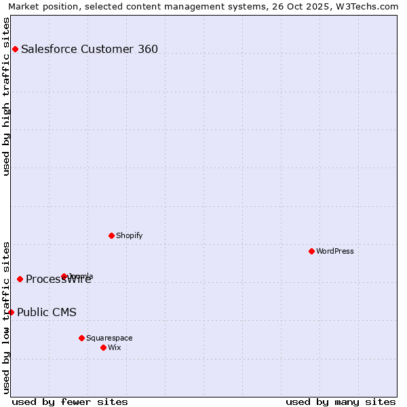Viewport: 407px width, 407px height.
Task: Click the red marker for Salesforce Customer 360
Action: tap(15, 49)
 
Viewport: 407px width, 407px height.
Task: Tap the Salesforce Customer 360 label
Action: tap(90, 49)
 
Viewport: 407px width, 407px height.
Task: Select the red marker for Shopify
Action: tap(111, 235)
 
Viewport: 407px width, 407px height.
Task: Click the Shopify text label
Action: tap(129, 235)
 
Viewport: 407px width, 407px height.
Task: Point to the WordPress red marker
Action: tap(311, 251)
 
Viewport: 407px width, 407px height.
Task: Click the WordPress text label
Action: tap(335, 251)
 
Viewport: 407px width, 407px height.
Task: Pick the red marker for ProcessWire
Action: tap(20, 279)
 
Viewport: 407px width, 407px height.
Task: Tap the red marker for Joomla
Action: tap(64, 276)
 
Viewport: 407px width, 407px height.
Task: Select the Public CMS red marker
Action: tap(11, 312)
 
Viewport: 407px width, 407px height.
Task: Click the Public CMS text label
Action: tap(47, 312)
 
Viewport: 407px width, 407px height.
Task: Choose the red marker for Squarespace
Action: tap(81, 338)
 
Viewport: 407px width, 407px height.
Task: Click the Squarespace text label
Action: tap(109, 338)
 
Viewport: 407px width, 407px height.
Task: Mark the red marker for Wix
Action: tap(103, 347)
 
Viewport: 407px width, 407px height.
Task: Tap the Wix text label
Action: tap(115, 347)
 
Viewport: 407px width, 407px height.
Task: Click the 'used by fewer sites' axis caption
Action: tap(70, 402)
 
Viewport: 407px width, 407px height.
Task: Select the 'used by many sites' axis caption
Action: tap(341, 402)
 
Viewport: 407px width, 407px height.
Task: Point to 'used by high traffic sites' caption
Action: tap(6, 96)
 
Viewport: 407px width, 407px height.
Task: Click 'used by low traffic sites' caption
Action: tap(6, 317)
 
